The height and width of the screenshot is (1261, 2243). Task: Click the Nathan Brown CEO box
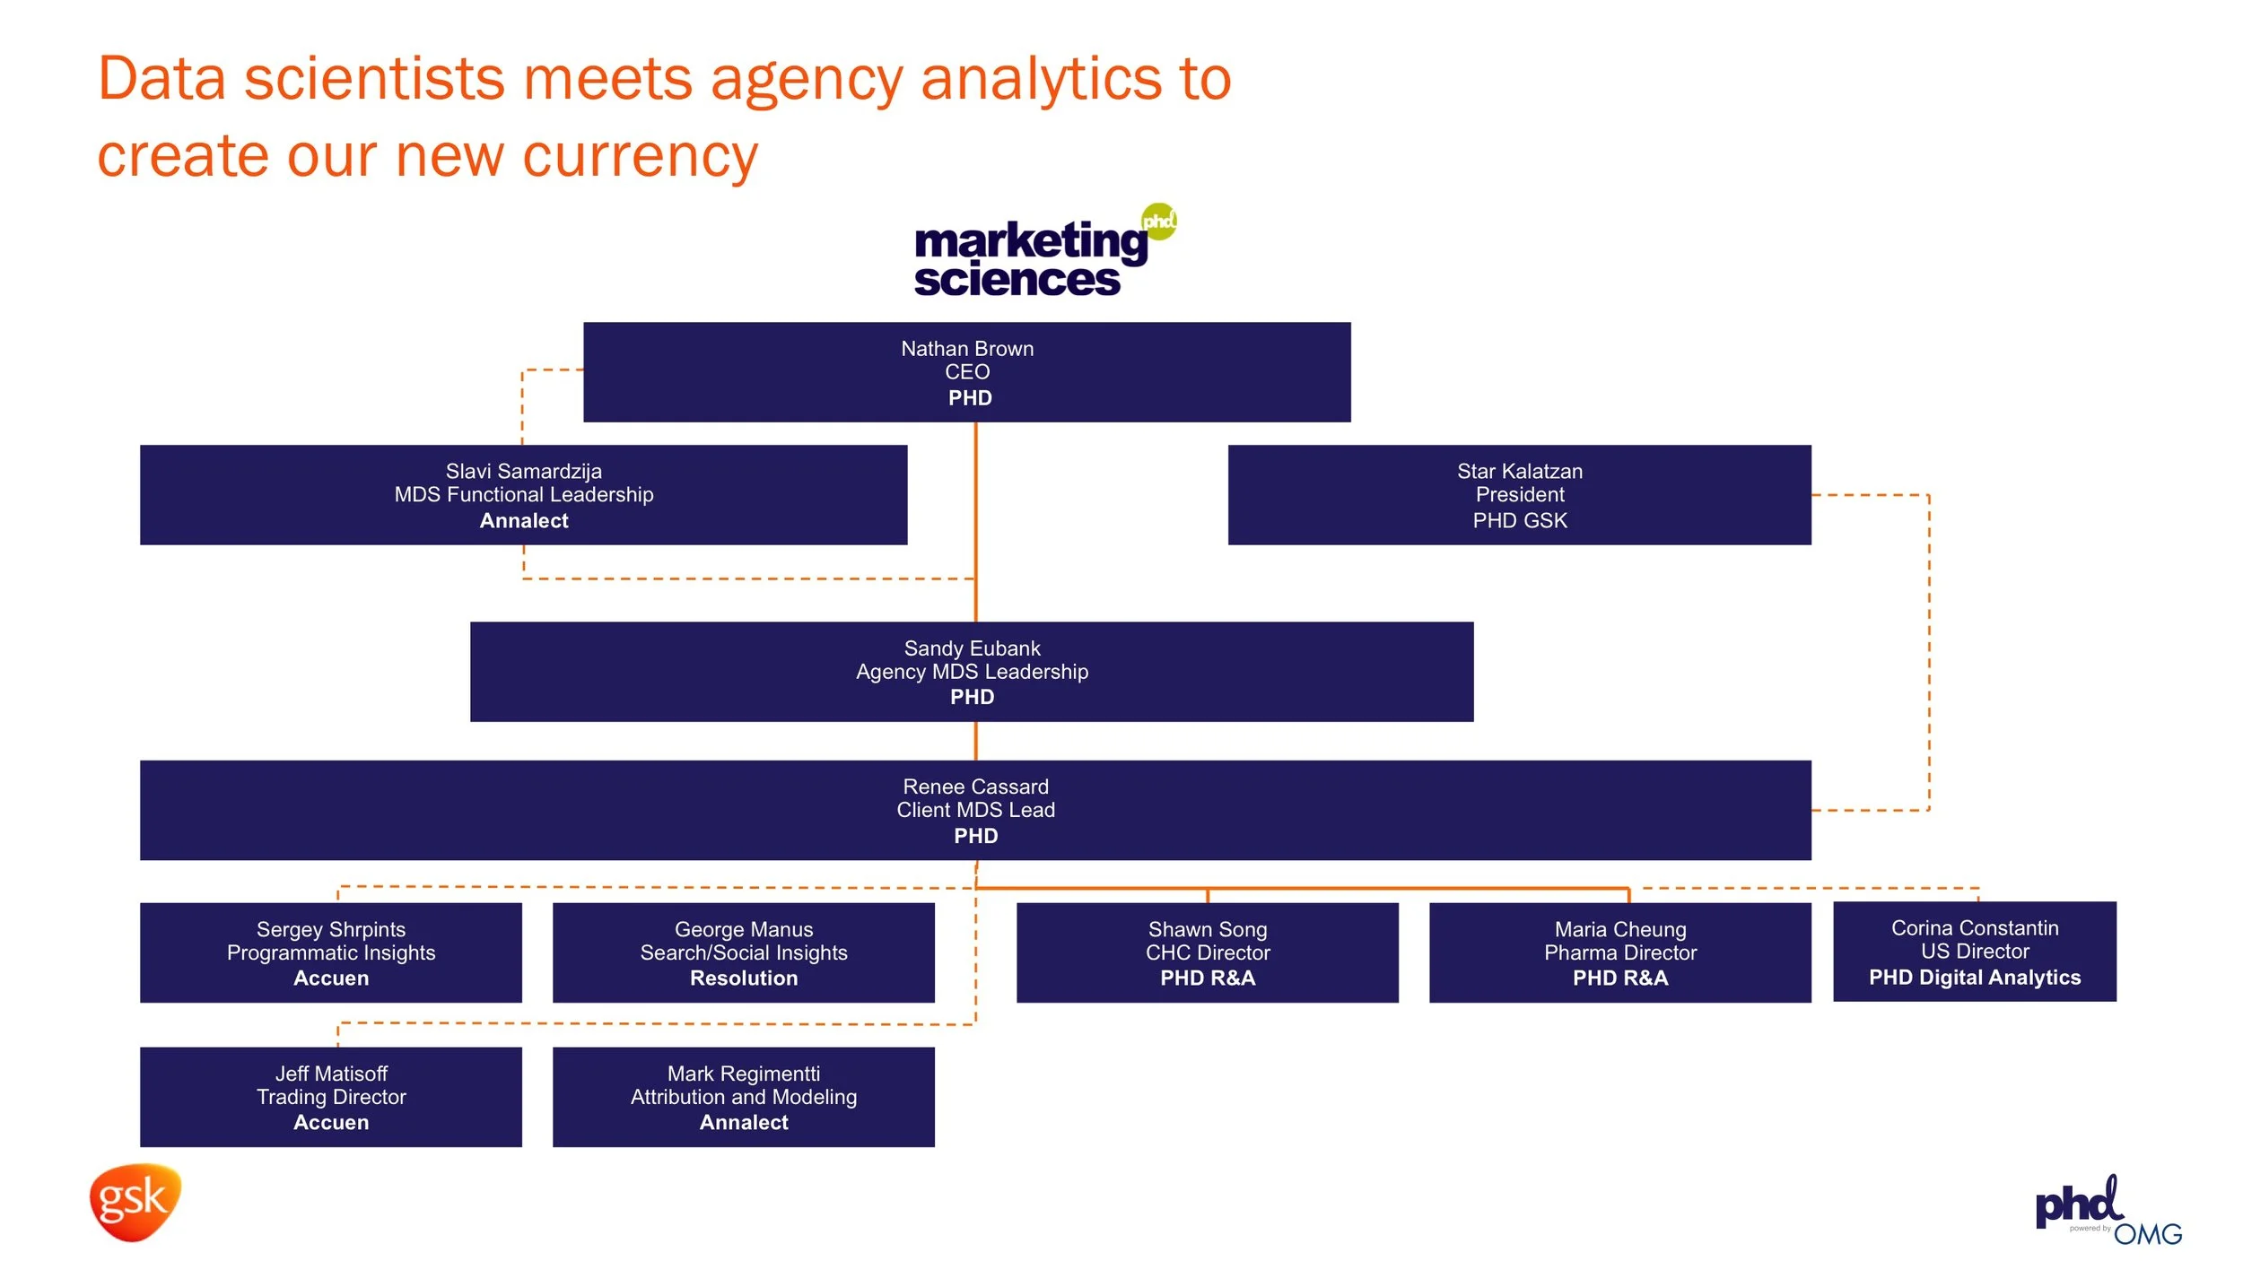966,372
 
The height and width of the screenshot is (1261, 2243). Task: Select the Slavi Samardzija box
523,495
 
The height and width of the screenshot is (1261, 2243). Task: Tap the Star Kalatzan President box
1519,495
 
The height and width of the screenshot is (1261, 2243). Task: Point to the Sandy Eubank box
972,672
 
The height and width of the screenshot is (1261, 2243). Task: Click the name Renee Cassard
975,787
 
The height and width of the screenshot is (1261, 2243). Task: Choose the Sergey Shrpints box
330,953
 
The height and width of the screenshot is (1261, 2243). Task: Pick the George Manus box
743,953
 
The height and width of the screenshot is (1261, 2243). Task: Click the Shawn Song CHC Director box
1207,953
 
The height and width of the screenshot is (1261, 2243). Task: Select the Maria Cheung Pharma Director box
1619,953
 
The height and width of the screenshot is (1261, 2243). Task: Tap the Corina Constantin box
1974,952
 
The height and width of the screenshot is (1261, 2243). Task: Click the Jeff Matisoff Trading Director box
330,1097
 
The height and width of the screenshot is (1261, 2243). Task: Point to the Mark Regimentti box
743,1097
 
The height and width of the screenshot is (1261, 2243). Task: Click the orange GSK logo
135,1202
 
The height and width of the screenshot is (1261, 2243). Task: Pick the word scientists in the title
374,79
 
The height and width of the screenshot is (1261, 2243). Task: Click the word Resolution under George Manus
743,978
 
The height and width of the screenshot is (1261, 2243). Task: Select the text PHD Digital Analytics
1974,978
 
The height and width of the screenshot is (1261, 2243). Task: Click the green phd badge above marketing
1158,221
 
